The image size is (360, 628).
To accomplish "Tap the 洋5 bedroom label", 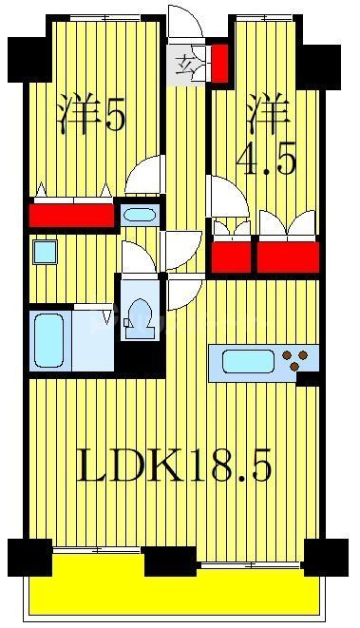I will (91, 116).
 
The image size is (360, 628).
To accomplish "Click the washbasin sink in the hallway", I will (139, 214).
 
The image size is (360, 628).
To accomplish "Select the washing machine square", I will (44, 252).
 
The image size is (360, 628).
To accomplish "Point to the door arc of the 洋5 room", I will (145, 175).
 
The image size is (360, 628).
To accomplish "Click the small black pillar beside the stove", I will (308, 379).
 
